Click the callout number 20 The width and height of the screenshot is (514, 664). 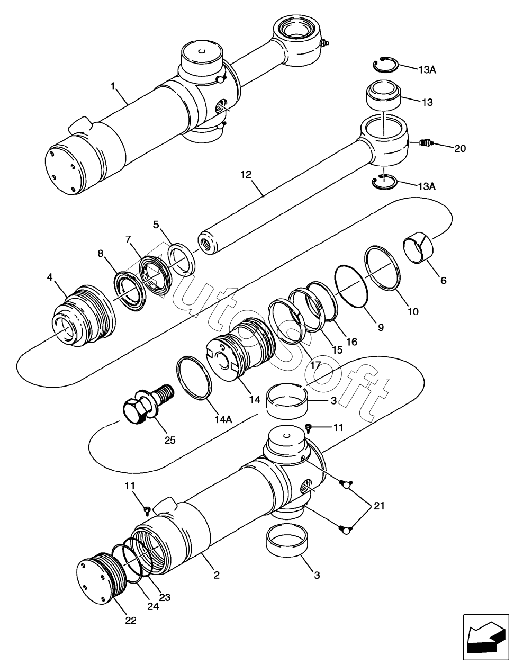click(x=460, y=148)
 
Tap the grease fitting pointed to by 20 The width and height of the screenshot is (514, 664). click(x=426, y=142)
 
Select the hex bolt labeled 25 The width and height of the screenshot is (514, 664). click(x=147, y=402)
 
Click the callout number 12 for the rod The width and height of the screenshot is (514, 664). click(x=246, y=175)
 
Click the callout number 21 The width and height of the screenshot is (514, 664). click(x=378, y=506)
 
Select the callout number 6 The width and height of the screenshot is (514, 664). click(x=444, y=280)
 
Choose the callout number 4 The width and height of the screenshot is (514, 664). click(x=50, y=277)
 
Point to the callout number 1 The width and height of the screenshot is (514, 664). click(x=113, y=86)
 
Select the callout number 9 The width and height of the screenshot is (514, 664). click(x=381, y=327)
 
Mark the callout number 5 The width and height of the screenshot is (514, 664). click(x=156, y=225)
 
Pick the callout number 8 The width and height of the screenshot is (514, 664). click(x=101, y=253)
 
